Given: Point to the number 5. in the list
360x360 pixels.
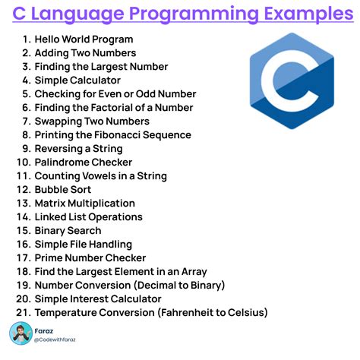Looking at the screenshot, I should coord(25,94).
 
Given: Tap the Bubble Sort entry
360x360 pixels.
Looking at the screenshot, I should coord(63,190).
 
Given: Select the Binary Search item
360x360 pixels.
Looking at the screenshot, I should coord(68,231).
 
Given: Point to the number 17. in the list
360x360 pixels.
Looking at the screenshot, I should coord(22,258).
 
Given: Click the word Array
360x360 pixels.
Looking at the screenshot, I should coord(191,272).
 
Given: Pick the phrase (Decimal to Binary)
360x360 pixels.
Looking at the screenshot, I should coord(178,286).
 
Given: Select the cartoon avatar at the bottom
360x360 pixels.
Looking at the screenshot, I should coord(21,333).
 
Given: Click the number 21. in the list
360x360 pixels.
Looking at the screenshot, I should coord(22,313).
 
